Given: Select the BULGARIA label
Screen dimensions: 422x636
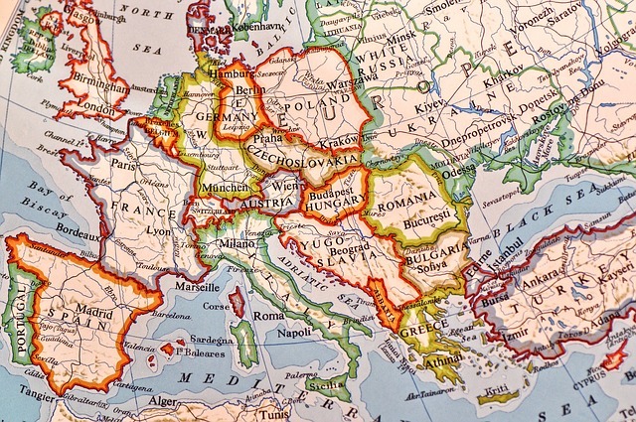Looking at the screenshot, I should click(434, 252).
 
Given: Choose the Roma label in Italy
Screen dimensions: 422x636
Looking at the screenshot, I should click(268, 315).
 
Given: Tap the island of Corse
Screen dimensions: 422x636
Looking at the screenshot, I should click(236, 301).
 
